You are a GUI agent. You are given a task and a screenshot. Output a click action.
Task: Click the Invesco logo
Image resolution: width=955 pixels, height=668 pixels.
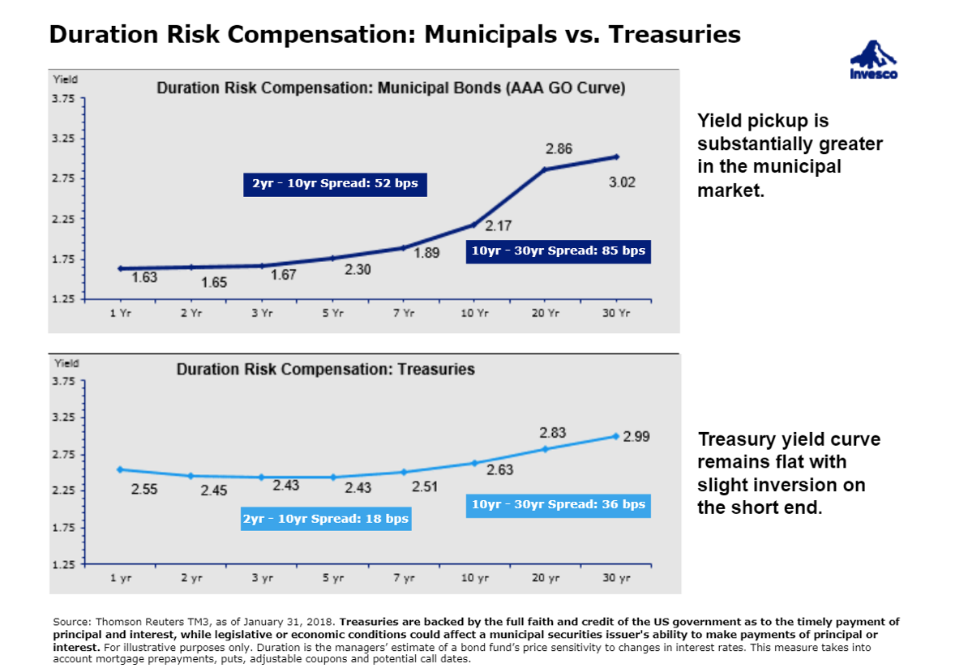(x=873, y=60)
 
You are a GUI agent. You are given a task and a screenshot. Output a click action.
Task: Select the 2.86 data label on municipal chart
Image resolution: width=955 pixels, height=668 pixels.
(x=559, y=149)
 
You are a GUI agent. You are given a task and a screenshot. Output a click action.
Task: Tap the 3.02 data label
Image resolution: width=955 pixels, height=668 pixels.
(x=622, y=183)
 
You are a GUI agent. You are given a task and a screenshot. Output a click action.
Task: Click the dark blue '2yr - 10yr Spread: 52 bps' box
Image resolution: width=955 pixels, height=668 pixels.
(x=335, y=184)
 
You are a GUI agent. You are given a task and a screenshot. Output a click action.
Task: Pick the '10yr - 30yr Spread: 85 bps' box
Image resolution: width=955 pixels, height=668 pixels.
(x=559, y=251)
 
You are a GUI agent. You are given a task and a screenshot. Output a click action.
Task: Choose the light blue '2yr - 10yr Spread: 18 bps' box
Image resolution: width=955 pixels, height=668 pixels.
(x=326, y=519)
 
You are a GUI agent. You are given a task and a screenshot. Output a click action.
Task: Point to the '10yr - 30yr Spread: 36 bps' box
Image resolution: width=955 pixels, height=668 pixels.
(x=559, y=505)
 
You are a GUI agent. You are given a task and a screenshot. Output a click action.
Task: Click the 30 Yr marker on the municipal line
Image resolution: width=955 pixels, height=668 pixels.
(x=616, y=156)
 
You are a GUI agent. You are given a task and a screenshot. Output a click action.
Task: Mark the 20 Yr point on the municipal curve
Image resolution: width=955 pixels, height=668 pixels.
(x=545, y=169)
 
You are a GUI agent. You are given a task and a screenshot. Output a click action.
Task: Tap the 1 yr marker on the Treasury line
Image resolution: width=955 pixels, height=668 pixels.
(x=120, y=469)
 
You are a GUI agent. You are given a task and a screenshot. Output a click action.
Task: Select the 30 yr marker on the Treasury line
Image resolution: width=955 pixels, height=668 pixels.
(x=616, y=436)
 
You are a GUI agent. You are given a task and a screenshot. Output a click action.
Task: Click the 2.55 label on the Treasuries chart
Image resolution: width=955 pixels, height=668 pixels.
(x=144, y=490)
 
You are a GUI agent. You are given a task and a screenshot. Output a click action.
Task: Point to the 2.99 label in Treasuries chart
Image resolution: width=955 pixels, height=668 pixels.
(x=636, y=436)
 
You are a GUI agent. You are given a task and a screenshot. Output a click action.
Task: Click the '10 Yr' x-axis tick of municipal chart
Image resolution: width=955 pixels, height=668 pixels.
(x=475, y=313)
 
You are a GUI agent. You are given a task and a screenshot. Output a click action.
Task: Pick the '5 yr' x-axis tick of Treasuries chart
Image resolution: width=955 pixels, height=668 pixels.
(x=332, y=578)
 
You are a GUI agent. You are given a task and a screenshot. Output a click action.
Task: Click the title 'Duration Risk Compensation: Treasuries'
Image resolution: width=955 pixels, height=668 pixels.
(x=325, y=370)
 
